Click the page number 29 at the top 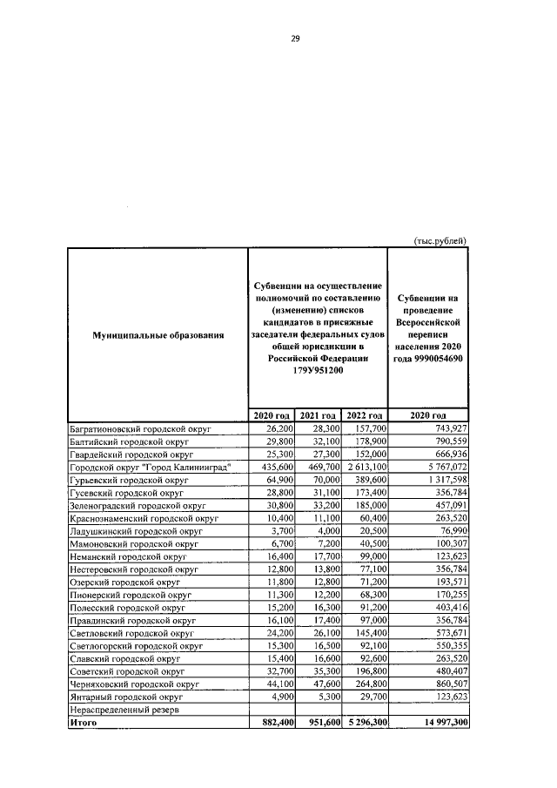tap(295, 37)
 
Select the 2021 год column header tap(318, 415)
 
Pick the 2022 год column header tap(364, 415)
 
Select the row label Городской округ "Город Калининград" tap(149, 467)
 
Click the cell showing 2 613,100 tap(364, 467)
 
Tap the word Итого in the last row tap(84, 724)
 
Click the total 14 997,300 tap(440, 724)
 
